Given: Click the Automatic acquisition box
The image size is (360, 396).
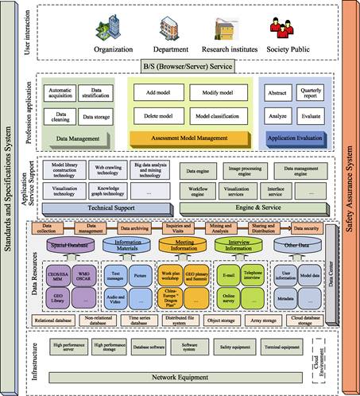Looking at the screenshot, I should click(57, 93).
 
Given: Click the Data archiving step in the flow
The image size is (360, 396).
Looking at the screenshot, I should click(139, 227).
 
